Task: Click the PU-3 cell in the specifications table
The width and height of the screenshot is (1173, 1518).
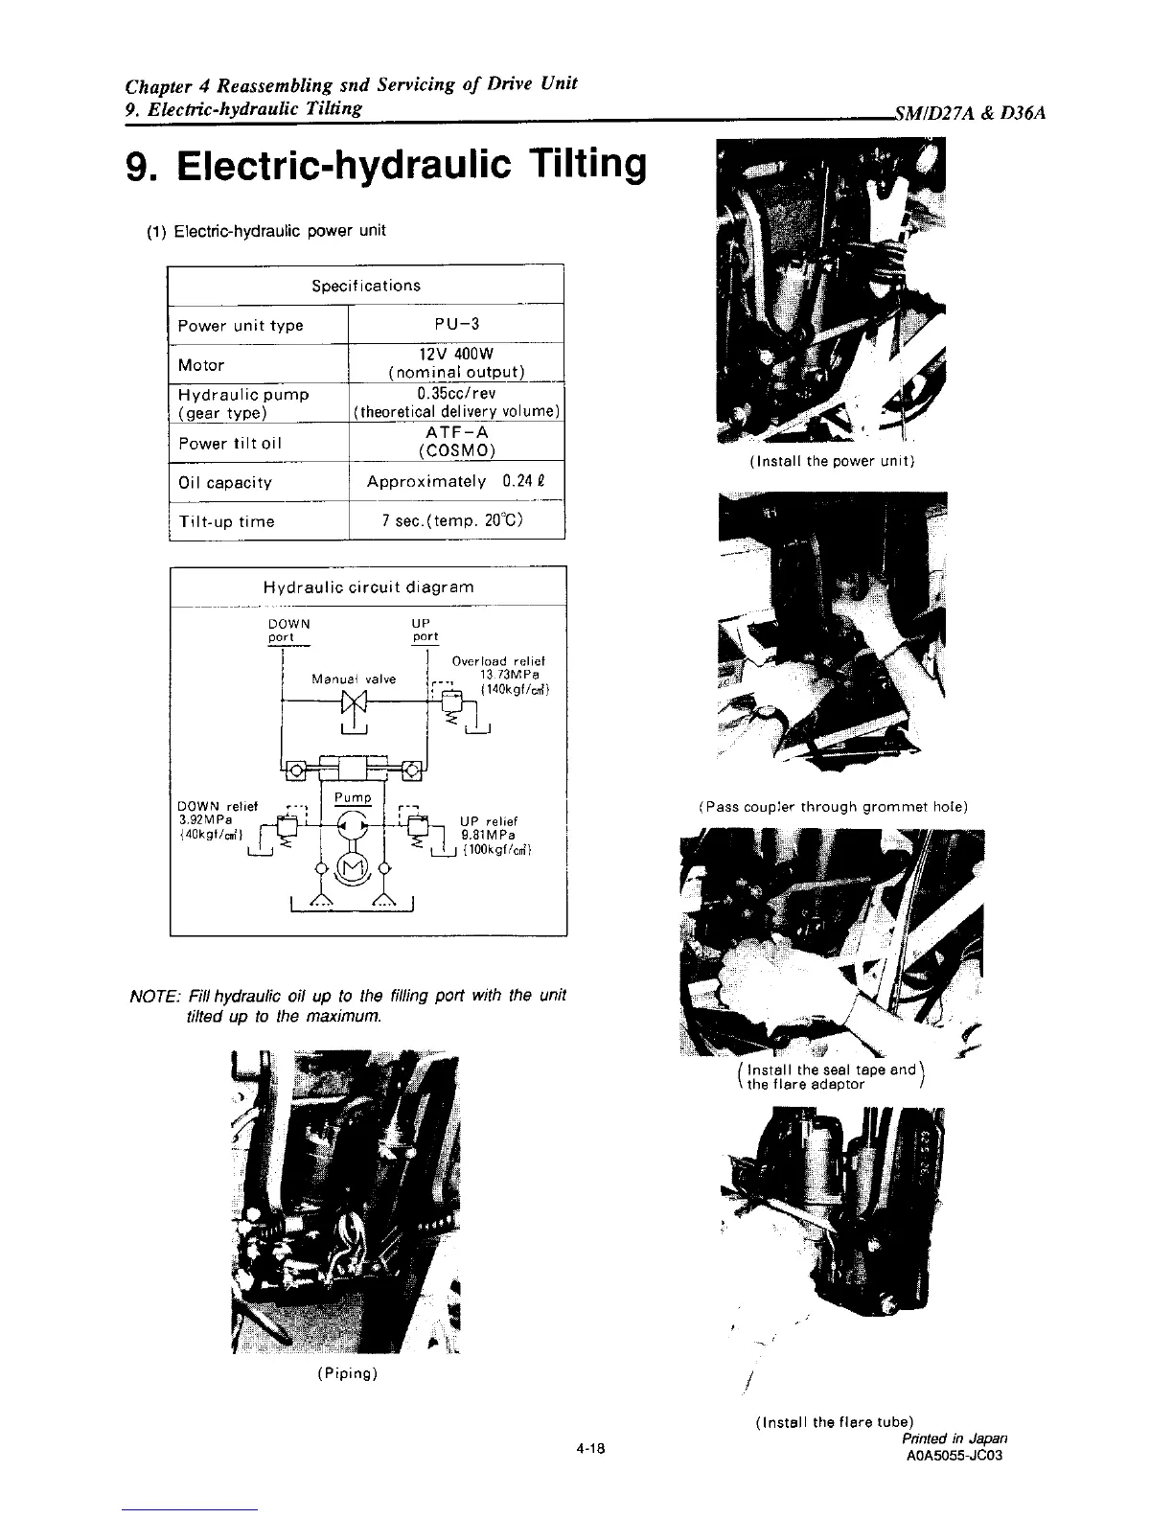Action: tap(455, 324)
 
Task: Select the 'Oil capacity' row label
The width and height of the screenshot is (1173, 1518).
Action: tap(225, 482)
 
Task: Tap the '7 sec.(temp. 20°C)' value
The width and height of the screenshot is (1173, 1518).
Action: tap(455, 521)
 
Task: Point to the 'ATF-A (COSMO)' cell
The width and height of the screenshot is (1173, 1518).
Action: tap(455, 442)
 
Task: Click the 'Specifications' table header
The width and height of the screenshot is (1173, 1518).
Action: tap(366, 285)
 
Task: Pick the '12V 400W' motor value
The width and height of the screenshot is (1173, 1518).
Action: tap(455, 354)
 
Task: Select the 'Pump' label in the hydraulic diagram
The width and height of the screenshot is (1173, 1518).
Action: tap(353, 797)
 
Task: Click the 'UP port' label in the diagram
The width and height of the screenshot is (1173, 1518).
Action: tap(425, 630)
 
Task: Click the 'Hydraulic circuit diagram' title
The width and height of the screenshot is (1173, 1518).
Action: tap(368, 586)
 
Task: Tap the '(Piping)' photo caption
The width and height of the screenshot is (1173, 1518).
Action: tap(347, 1373)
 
